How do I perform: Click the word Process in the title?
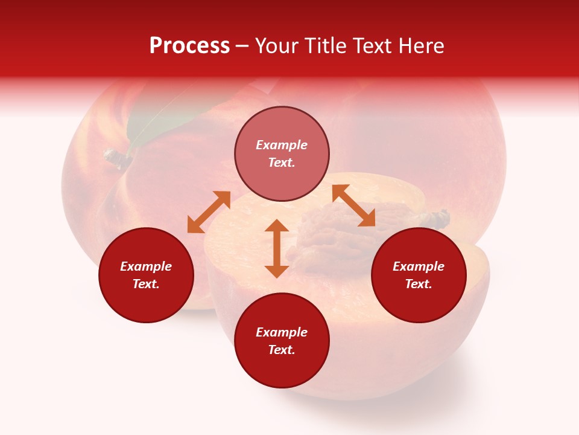click(189, 46)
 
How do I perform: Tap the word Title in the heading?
click(321, 46)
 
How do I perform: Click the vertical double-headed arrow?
click(277, 248)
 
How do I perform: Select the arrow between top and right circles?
click(353, 206)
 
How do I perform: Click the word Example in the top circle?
click(282, 145)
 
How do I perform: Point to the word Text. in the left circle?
click(146, 284)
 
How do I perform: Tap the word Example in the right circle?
click(419, 266)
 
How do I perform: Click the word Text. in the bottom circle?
click(282, 350)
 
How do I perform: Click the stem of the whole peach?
click(116, 158)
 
